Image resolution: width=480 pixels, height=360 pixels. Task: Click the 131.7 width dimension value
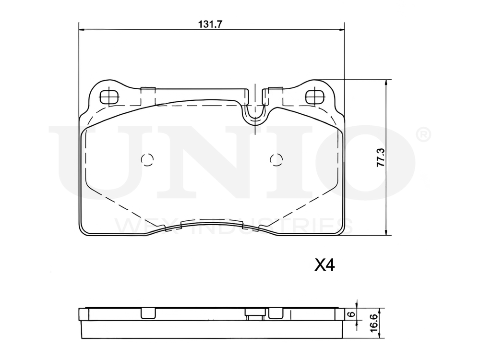tap(210, 24)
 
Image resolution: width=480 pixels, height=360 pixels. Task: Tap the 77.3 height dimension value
tap(381, 157)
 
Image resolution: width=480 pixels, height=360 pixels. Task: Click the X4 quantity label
tap(325, 265)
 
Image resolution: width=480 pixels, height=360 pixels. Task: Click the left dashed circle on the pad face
tap(147, 159)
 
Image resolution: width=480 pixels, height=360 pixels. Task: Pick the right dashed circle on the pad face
tap(276, 159)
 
